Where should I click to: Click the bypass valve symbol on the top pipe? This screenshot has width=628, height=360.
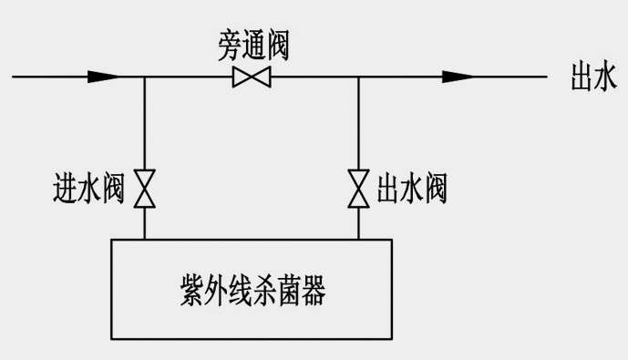click(252, 77)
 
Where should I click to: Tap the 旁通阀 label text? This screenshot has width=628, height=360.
click(252, 45)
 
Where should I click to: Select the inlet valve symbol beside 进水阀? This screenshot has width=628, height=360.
click(145, 188)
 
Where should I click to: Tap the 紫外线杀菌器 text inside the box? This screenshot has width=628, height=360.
click(252, 293)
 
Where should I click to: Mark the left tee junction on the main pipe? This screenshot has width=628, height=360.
click(145, 77)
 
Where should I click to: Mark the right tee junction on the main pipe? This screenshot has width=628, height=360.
click(358, 77)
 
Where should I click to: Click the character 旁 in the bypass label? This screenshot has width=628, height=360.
click(229, 45)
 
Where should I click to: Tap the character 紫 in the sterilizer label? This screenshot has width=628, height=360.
click(192, 293)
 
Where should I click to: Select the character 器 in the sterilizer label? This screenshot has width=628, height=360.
click(313, 293)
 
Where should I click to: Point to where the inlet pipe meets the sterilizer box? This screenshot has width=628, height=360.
click(145, 239)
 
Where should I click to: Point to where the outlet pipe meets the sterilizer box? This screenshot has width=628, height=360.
click(358, 239)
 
